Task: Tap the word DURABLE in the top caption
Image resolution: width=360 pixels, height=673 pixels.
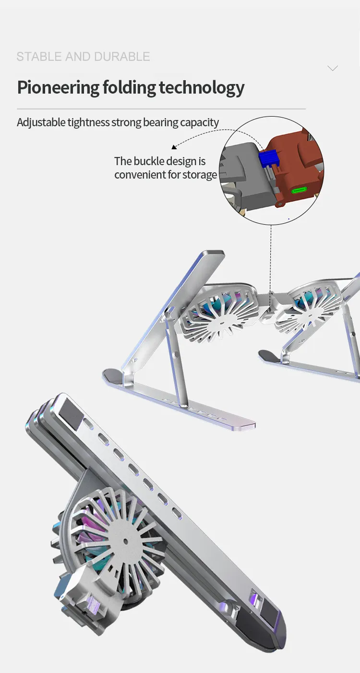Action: pos(122,57)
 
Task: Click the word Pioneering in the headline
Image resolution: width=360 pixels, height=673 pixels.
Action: pos(58,88)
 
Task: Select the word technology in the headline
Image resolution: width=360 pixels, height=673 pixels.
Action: pos(202,88)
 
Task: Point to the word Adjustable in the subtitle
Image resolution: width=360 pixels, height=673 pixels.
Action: pos(41,123)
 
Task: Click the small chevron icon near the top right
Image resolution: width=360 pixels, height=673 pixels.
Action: pos(332,68)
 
